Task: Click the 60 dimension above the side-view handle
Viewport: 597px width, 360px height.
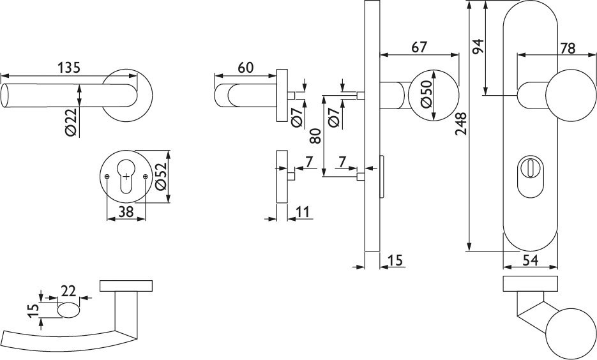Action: pyautogui.click(x=246, y=67)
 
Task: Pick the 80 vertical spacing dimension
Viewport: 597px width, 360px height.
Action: pyautogui.click(x=314, y=135)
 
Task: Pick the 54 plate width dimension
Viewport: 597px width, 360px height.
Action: pyautogui.click(x=530, y=260)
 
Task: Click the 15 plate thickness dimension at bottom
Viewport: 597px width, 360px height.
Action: pyautogui.click(x=395, y=260)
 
